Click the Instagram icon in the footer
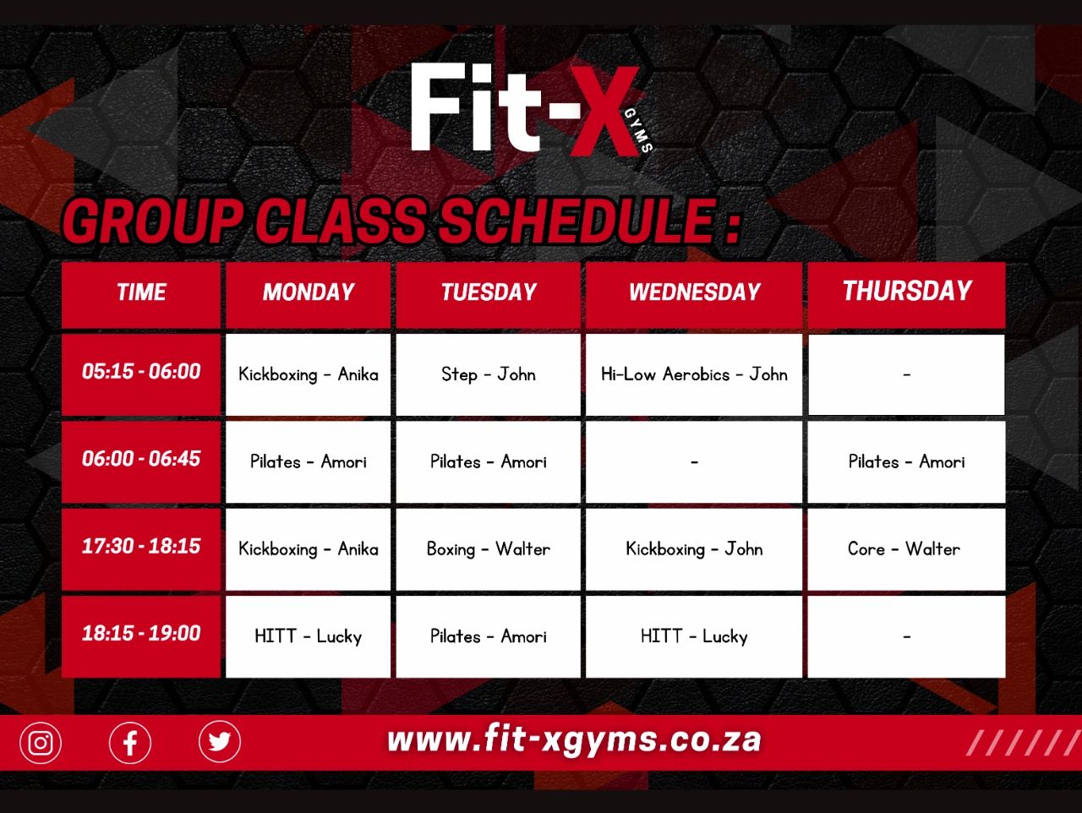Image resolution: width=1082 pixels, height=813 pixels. click(x=41, y=743)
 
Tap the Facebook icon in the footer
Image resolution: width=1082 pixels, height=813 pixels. click(x=130, y=743)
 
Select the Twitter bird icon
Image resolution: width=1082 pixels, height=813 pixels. click(x=220, y=741)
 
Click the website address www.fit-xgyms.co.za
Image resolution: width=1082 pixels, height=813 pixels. click(x=574, y=740)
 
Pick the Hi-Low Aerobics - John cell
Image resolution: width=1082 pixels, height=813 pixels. click(x=694, y=374)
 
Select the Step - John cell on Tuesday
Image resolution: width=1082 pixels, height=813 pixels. click(x=488, y=374)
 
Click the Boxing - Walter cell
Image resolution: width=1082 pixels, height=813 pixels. click(x=488, y=548)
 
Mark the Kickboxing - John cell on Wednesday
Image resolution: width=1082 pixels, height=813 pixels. click(x=694, y=548)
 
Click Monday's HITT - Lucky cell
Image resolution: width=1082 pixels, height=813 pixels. click(x=308, y=636)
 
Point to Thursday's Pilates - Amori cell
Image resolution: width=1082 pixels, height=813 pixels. click(x=906, y=461)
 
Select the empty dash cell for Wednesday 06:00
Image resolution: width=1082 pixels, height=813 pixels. click(x=694, y=461)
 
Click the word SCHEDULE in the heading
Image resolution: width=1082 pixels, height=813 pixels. click(x=578, y=221)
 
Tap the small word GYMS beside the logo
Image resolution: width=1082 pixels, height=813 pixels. click(x=639, y=130)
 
